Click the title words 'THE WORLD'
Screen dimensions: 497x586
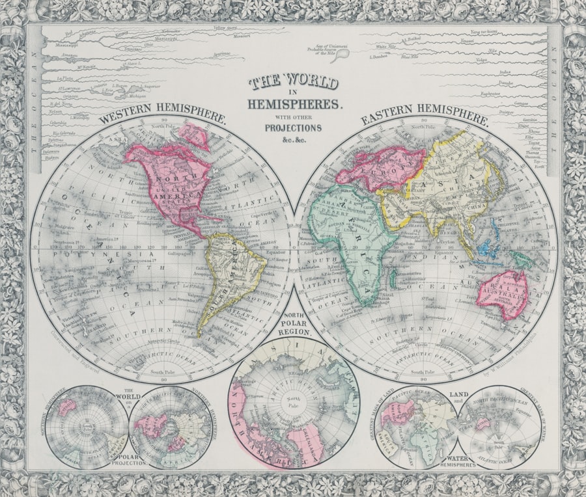pyautogui.click(x=294, y=83)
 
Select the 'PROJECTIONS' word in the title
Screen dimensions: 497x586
pyautogui.click(x=293, y=128)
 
